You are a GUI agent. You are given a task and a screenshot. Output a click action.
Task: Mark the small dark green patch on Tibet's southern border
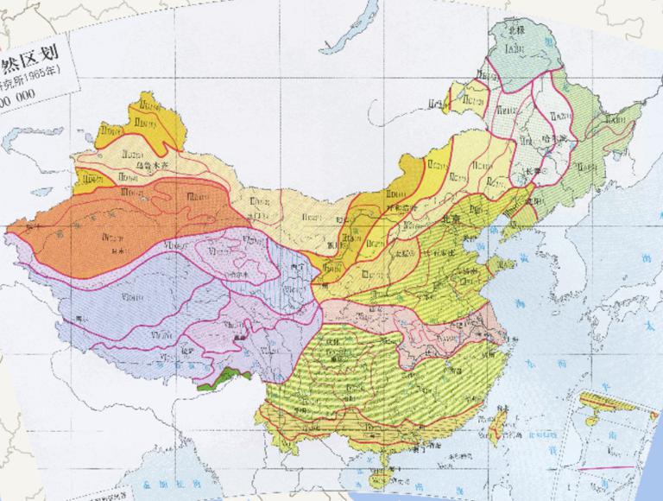pos(226,377)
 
